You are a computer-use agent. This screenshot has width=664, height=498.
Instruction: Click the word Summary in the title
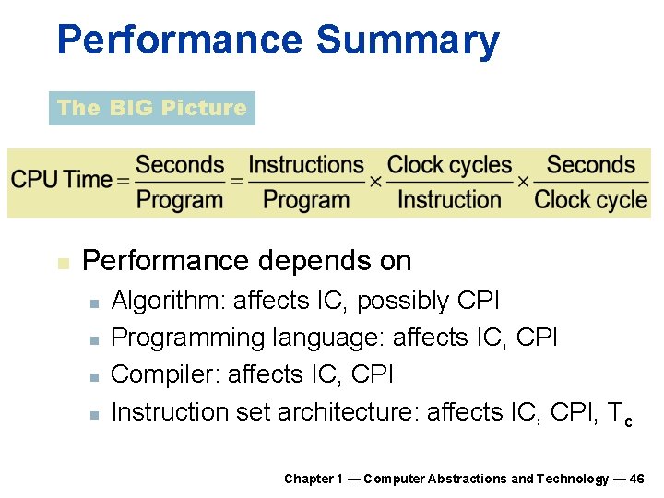point(407,41)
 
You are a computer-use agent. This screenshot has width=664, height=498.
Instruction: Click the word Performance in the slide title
point(179,41)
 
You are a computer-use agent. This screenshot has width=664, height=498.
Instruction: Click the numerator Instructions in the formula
point(306,165)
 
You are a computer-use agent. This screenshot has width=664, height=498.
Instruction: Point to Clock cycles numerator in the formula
point(449,165)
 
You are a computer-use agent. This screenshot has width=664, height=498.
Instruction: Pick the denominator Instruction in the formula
point(449,199)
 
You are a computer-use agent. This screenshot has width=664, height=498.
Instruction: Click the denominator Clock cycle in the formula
point(591,199)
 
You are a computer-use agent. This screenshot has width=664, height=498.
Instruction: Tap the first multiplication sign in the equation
point(375,181)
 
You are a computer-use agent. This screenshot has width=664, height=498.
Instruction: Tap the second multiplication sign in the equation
point(523,181)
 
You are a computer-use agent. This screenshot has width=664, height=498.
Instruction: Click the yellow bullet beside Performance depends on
point(62,263)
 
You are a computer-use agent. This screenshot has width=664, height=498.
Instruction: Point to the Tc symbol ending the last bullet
point(621,413)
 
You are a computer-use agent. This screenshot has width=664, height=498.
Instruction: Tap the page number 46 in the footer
point(635,479)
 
